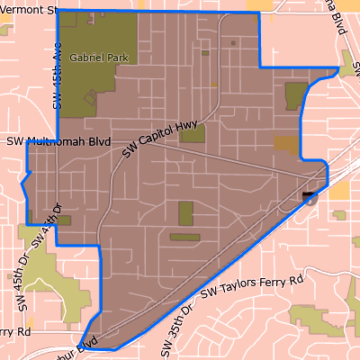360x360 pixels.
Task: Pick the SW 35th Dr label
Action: (x=176, y=328)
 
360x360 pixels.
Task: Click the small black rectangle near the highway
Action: (x=310, y=193)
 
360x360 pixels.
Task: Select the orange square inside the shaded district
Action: (x=284, y=142)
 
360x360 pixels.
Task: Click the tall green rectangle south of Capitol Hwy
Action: (x=186, y=213)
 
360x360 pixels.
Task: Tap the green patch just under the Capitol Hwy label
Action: (x=193, y=133)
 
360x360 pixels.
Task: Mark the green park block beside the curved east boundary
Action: (x=296, y=95)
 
